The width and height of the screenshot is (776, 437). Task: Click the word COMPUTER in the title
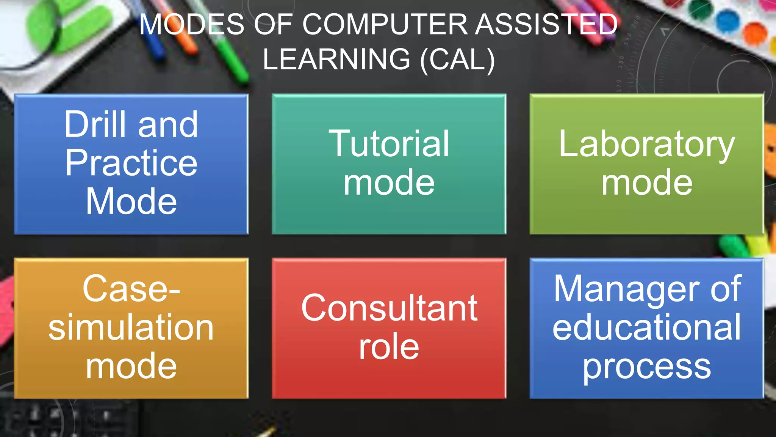click(385, 25)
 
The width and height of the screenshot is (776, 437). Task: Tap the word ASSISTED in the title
click(546, 25)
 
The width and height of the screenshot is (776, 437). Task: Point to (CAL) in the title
click(457, 60)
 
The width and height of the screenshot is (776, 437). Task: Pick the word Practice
click(131, 163)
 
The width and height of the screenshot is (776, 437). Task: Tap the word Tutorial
click(389, 144)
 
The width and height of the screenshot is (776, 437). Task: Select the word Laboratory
click(647, 144)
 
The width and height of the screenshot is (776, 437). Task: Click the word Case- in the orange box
click(131, 289)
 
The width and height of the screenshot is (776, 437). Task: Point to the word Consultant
click(389, 308)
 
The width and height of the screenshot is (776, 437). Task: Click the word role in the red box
click(389, 347)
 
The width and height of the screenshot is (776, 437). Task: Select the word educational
click(646, 327)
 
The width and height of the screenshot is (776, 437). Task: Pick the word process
click(646, 367)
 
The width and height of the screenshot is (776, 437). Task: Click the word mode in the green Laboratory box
click(647, 183)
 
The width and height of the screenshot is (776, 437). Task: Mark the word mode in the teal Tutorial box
click(389, 183)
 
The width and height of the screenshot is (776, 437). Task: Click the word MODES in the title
click(192, 25)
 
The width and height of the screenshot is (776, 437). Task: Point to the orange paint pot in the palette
click(755, 33)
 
